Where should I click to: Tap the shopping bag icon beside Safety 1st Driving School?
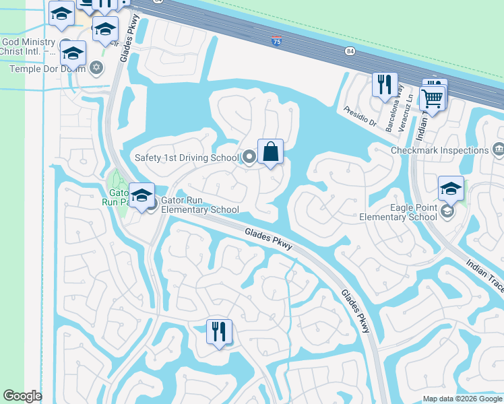[x=270, y=151]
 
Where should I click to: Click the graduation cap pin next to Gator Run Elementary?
[x=141, y=195]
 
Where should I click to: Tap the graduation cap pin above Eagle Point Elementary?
[x=451, y=188]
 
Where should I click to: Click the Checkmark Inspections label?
[x=439, y=150]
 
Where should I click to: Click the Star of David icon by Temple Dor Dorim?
[x=96, y=67]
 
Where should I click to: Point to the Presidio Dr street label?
[x=359, y=115]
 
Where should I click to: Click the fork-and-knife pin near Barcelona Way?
[x=385, y=85]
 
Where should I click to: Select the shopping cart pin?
[x=432, y=98]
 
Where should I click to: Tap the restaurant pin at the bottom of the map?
[x=219, y=331]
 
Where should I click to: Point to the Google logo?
[x=23, y=396]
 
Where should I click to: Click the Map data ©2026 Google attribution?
[x=462, y=399]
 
